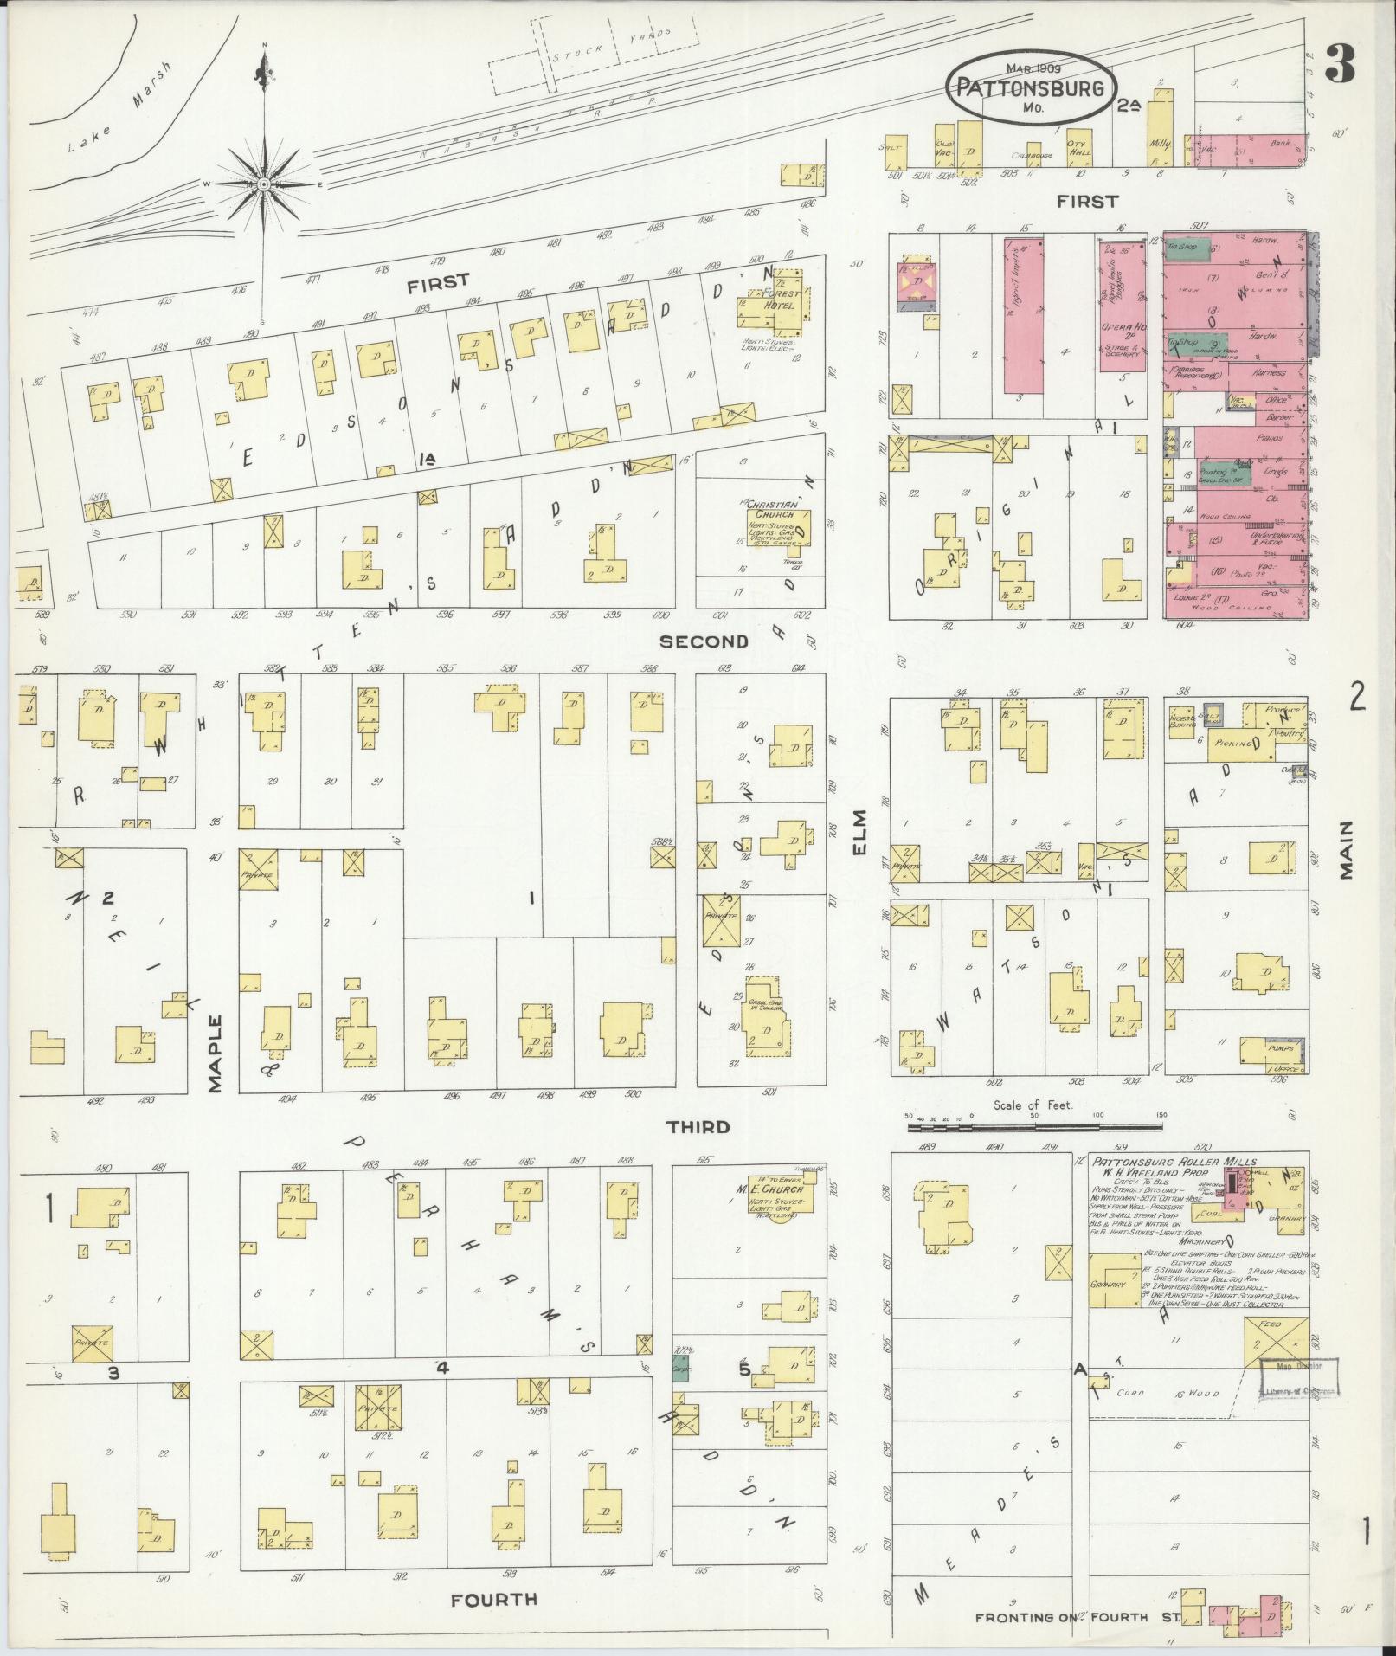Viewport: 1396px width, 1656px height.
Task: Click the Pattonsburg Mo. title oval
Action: (1029, 87)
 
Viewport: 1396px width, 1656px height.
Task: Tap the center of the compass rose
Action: (264, 184)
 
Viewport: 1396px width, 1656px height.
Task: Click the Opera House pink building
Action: (1123, 306)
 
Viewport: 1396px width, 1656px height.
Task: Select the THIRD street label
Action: (698, 1126)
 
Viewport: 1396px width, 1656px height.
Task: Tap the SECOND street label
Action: (704, 641)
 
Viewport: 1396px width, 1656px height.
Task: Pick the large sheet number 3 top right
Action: (1341, 65)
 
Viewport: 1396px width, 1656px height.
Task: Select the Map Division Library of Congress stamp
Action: (1298, 1379)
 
